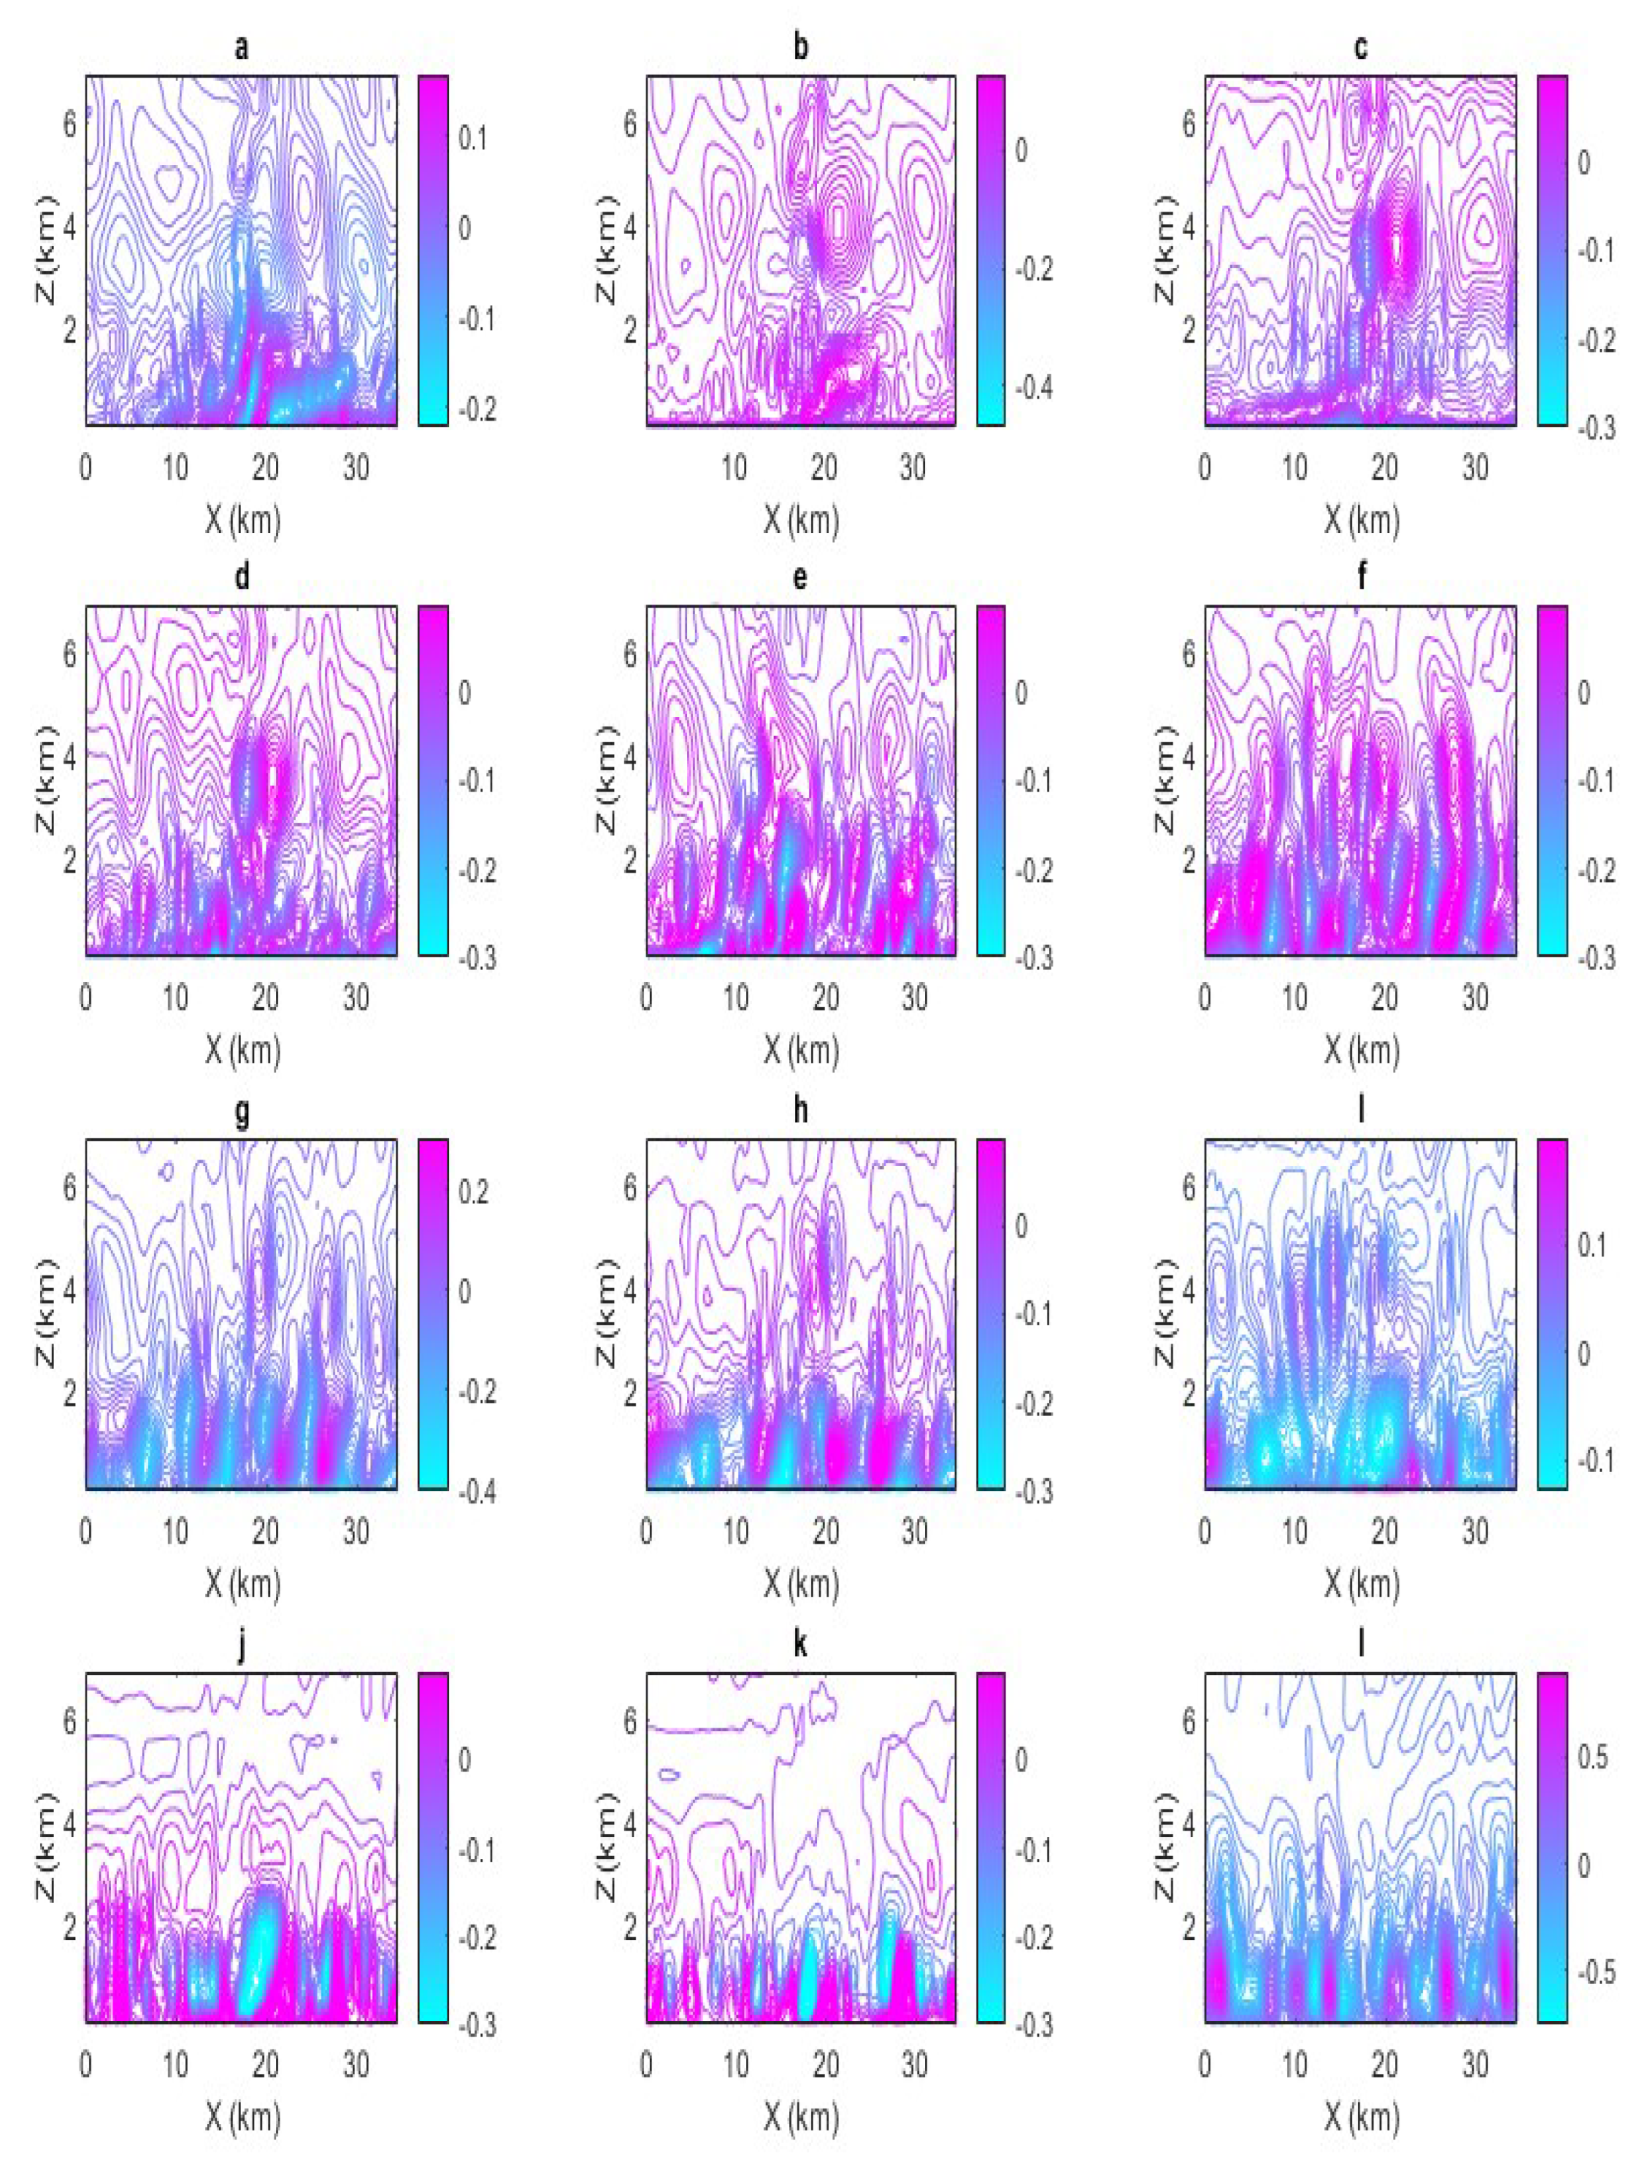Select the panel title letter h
[x=801, y=1110]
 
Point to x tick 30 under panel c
[x=1474, y=467]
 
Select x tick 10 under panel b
[x=734, y=467]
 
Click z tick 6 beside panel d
[x=70, y=654]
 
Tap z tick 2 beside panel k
[x=630, y=1927]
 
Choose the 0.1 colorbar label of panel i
[x=1591, y=1245]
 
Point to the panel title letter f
[x=1361, y=578]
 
